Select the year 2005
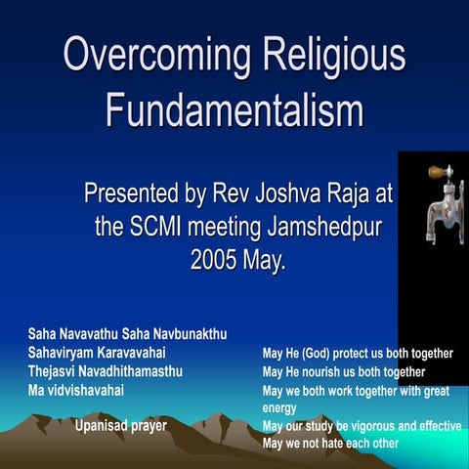pos(215,260)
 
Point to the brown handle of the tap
pos(439,172)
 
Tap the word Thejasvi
pos(55,371)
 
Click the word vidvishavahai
pos(98,390)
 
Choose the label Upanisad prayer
pos(121,425)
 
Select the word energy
pos(281,407)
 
